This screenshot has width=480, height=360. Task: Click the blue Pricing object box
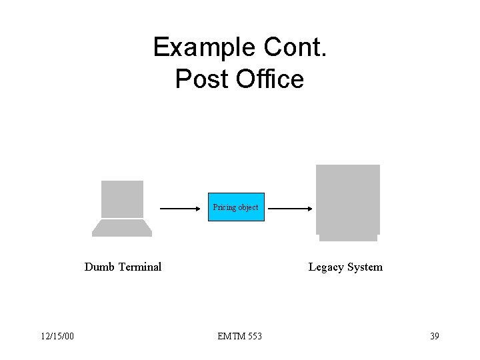pyautogui.click(x=236, y=207)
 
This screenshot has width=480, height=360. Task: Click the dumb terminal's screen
pyautogui.click(x=122, y=199)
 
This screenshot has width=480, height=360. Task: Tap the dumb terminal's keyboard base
pyautogui.click(x=122, y=229)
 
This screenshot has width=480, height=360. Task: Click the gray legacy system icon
pyautogui.click(x=348, y=201)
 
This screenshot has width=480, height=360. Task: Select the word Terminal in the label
pyautogui.click(x=139, y=267)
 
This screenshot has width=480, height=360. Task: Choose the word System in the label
pyautogui.click(x=365, y=267)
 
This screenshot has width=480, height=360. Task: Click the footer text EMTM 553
pyautogui.click(x=239, y=336)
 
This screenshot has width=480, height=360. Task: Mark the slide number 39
pyautogui.click(x=434, y=336)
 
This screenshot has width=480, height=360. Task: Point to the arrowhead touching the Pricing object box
pyautogui.click(x=204, y=208)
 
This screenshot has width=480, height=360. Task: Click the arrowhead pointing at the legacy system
pyautogui.click(x=311, y=208)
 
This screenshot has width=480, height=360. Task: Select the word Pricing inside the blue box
pyautogui.click(x=225, y=207)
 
